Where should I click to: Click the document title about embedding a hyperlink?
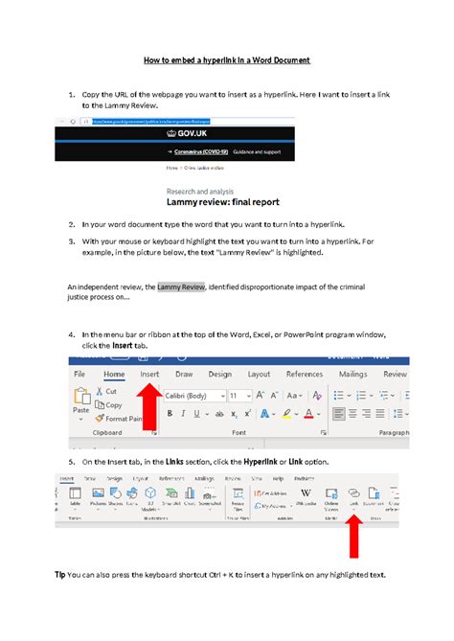[227, 60]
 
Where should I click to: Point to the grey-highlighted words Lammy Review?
[181, 286]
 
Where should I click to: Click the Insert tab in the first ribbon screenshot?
[149, 375]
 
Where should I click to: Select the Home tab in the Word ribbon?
[114, 375]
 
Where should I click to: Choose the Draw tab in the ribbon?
[184, 375]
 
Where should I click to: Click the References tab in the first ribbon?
[305, 375]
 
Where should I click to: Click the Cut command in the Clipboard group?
[106, 392]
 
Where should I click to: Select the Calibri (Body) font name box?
[192, 395]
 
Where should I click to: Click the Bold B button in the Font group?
[170, 414]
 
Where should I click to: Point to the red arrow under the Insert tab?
[149, 407]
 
